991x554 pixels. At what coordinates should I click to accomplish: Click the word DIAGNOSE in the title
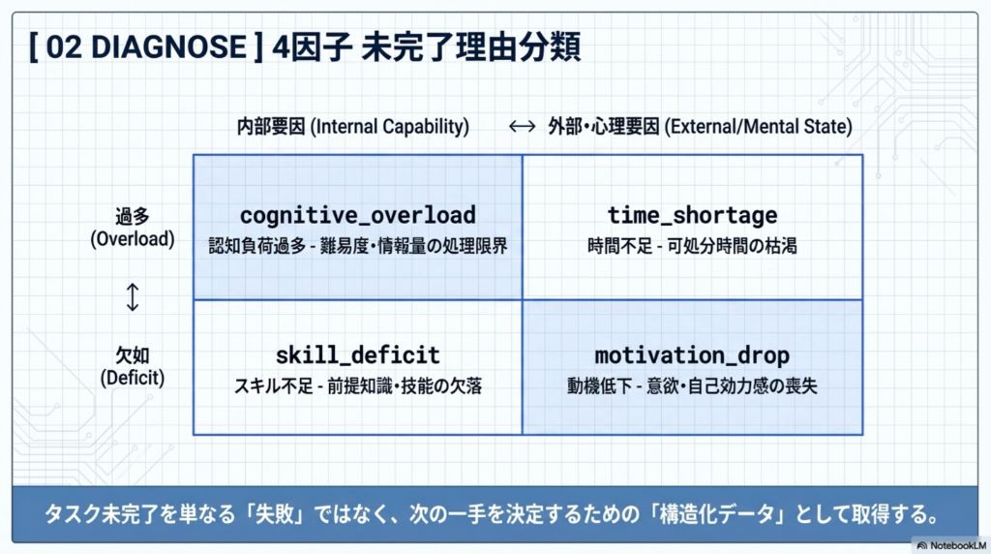pyautogui.click(x=168, y=47)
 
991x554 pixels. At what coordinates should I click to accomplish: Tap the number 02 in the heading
pyautogui.click(x=63, y=47)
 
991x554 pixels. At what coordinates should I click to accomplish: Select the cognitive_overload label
pyautogui.click(x=358, y=215)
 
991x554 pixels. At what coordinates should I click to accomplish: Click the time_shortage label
pyautogui.click(x=692, y=215)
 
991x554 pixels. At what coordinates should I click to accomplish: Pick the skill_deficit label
pyautogui.click(x=358, y=354)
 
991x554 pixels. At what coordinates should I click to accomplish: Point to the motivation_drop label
pyautogui.click(x=692, y=355)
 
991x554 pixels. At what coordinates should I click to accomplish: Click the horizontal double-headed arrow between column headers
pyautogui.click(x=522, y=127)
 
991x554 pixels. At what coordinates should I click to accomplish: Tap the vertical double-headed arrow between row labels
pyautogui.click(x=132, y=296)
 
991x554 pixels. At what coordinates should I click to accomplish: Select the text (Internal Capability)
pyautogui.click(x=389, y=127)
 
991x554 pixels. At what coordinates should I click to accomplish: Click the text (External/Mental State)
pyautogui.click(x=759, y=127)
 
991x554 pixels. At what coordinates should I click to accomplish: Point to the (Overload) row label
pyautogui.click(x=132, y=239)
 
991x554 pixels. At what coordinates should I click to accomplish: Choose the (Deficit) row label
pyautogui.click(x=132, y=378)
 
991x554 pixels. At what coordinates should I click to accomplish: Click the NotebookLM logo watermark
pyautogui.click(x=951, y=545)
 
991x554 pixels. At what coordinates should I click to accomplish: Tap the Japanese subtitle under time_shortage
pyautogui.click(x=692, y=245)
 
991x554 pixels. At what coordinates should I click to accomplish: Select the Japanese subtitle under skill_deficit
pyautogui.click(x=358, y=385)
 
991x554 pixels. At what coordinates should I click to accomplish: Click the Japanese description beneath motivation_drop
pyautogui.click(x=692, y=385)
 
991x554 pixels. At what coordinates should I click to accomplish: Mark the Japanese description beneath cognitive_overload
pyautogui.click(x=358, y=245)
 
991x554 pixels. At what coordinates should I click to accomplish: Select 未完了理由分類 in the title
pyautogui.click(x=471, y=47)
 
